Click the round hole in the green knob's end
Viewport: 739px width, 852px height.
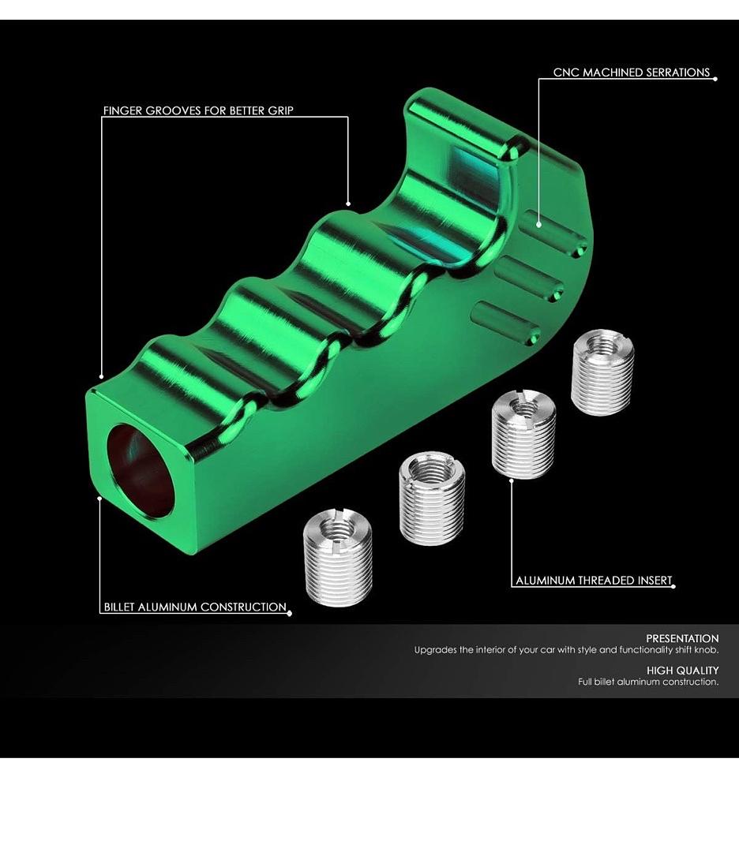pos(141,470)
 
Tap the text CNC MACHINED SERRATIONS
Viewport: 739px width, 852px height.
pos(632,73)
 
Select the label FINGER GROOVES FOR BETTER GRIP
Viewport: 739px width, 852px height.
pos(198,111)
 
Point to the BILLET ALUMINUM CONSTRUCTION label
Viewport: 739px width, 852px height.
pos(195,607)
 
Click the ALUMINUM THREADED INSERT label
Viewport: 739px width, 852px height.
pos(594,581)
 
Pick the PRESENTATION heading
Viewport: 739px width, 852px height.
pos(682,638)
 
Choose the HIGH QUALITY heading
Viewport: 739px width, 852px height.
pos(682,671)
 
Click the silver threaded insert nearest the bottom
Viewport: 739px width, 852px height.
pos(338,557)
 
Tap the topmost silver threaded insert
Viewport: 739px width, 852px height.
pos(602,372)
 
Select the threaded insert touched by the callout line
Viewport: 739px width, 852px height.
pos(523,435)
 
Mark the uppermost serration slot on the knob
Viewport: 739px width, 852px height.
pos(554,234)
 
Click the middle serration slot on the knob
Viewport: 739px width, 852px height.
pos(529,279)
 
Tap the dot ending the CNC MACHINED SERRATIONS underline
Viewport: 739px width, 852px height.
pos(715,79)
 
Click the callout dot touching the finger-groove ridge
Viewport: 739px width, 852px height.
pos(348,204)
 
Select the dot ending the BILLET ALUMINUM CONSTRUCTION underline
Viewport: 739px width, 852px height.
pos(289,614)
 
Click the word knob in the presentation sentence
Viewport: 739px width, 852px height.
pos(707,650)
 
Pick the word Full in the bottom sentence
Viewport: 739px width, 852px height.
pos(584,682)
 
